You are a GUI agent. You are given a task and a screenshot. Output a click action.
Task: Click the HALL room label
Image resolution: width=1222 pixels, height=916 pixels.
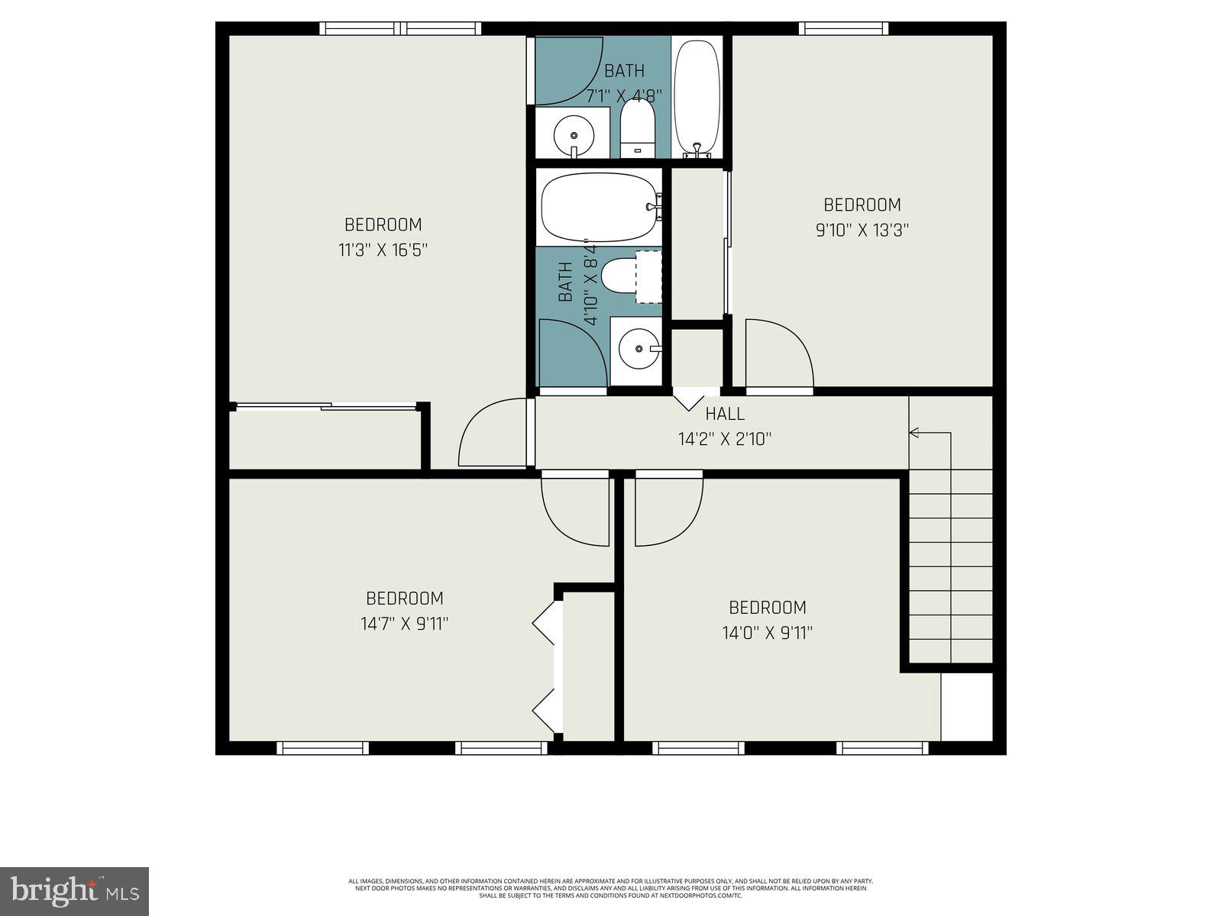click(x=724, y=414)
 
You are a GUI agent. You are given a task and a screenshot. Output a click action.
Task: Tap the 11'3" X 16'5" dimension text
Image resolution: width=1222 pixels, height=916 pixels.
click(x=382, y=250)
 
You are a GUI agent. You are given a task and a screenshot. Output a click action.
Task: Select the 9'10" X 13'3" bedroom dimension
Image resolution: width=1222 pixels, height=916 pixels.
click(x=862, y=230)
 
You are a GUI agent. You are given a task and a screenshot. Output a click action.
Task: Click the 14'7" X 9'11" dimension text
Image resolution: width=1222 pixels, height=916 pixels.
click(x=404, y=624)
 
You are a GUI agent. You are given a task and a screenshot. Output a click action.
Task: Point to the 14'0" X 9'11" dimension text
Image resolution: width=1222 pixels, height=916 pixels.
click(x=767, y=633)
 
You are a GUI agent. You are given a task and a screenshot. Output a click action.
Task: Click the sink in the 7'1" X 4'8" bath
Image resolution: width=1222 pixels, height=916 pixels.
click(x=573, y=134)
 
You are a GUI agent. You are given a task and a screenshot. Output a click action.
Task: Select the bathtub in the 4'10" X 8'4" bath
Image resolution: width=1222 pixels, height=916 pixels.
click(x=599, y=206)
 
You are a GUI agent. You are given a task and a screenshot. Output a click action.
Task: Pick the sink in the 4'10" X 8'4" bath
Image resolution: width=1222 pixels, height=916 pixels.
click(x=638, y=349)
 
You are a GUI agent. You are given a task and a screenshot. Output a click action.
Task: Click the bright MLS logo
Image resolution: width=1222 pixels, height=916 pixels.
click(x=75, y=891)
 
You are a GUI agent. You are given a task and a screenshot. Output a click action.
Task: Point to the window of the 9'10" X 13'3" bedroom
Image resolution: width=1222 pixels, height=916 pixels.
click(x=844, y=29)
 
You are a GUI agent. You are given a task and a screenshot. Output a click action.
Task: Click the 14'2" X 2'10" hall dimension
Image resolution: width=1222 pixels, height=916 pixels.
click(x=724, y=439)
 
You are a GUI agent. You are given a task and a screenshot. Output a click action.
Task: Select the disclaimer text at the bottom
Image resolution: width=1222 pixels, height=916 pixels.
click(x=611, y=888)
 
